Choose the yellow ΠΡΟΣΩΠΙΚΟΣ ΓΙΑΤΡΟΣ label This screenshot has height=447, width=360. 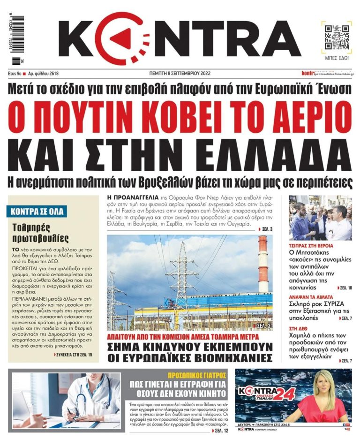click(197, 375)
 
